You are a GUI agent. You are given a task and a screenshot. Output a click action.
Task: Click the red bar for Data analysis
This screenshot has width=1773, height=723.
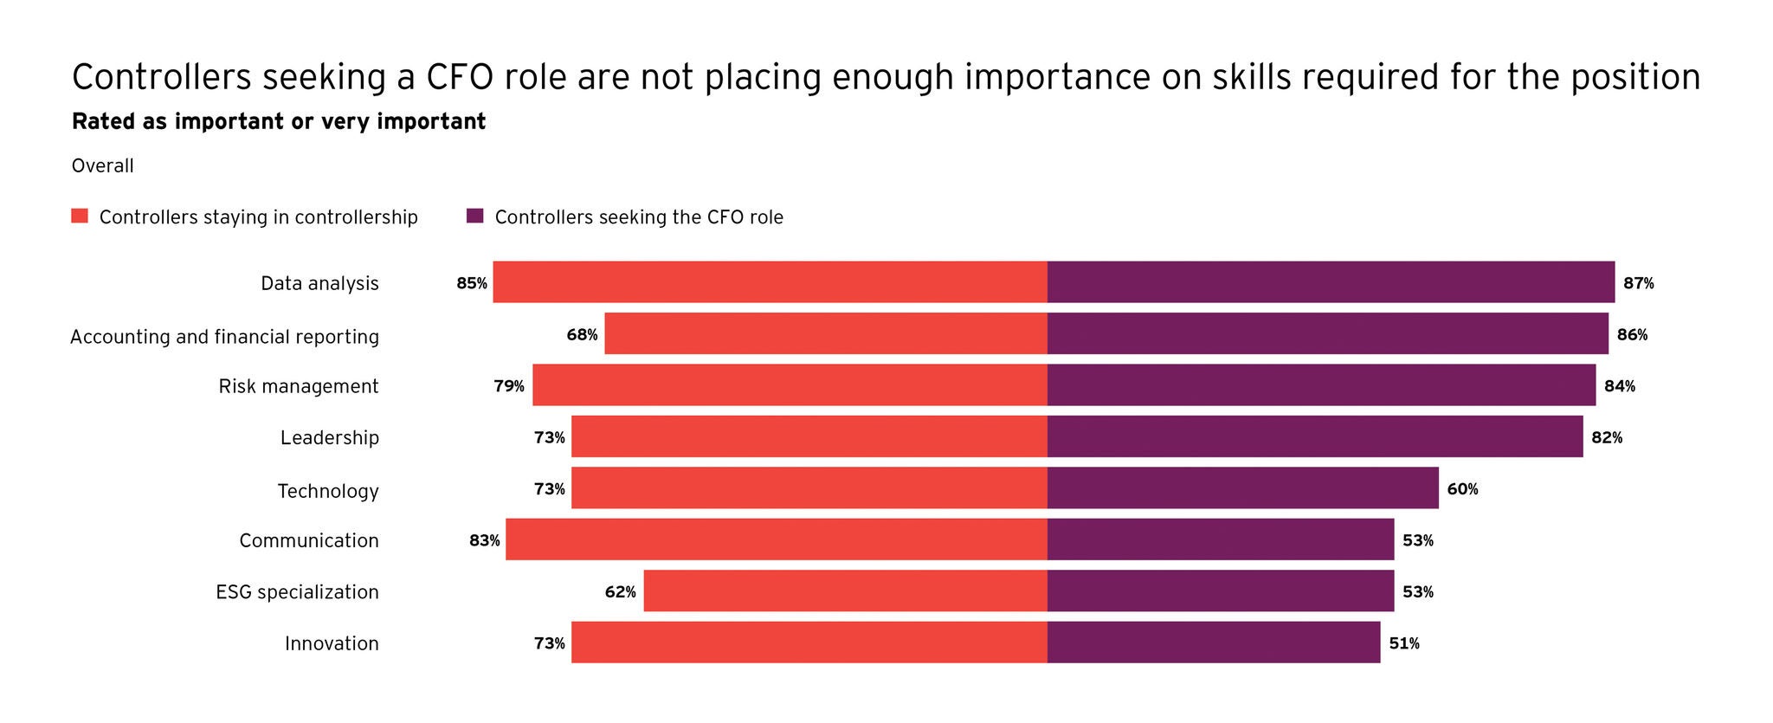pyautogui.click(x=770, y=282)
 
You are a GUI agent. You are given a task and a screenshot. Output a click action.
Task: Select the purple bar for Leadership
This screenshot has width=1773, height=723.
pyautogui.click(x=1314, y=436)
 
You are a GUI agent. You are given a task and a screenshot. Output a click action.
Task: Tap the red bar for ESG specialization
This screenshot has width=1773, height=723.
pyautogui.click(x=845, y=591)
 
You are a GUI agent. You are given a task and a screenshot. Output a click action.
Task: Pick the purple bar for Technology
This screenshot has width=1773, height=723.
pyautogui.click(x=1242, y=488)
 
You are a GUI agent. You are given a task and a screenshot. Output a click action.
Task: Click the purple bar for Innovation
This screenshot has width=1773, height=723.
pyautogui.click(x=1213, y=642)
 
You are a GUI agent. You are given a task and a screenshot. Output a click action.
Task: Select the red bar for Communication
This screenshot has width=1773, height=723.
pyautogui.click(x=776, y=539)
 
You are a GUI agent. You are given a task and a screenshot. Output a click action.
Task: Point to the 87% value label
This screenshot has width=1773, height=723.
pyautogui.click(x=1638, y=283)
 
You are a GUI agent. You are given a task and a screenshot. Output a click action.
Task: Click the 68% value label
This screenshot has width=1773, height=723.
pyautogui.click(x=582, y=334)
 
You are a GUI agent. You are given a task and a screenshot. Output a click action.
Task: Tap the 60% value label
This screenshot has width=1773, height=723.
pyautogui.click(x=1462, y=489)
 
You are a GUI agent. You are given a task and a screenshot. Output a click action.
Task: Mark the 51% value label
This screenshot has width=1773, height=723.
pyautogui.click(x=1403, y=643)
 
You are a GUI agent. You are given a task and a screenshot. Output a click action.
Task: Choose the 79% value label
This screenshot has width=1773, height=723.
pyautogui.click(x=509, y=386)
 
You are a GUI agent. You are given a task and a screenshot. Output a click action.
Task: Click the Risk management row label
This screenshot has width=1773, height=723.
pyautogui.click(x=299, y=386)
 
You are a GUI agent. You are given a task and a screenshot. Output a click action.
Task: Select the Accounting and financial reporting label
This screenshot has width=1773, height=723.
pyautogui.click(x=224, y=336)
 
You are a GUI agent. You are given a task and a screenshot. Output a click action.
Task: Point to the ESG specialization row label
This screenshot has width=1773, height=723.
pyautogui.click(x=297, y=592)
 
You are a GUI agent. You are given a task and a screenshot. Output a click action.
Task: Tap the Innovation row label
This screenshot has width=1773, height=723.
pyautogui.click(x=332, y=643)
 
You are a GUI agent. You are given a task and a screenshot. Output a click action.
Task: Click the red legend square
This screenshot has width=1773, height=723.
pyautogui.click(x=80, y=216)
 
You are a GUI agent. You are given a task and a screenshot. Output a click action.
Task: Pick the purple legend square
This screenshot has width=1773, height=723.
pyautogui.click(x=474, y=216)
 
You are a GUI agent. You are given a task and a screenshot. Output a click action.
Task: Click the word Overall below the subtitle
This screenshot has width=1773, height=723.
pyautogui.click(x=102, y=165)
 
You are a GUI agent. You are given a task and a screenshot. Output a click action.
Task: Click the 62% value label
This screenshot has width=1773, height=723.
pyautogui.click(x=620, y=592)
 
